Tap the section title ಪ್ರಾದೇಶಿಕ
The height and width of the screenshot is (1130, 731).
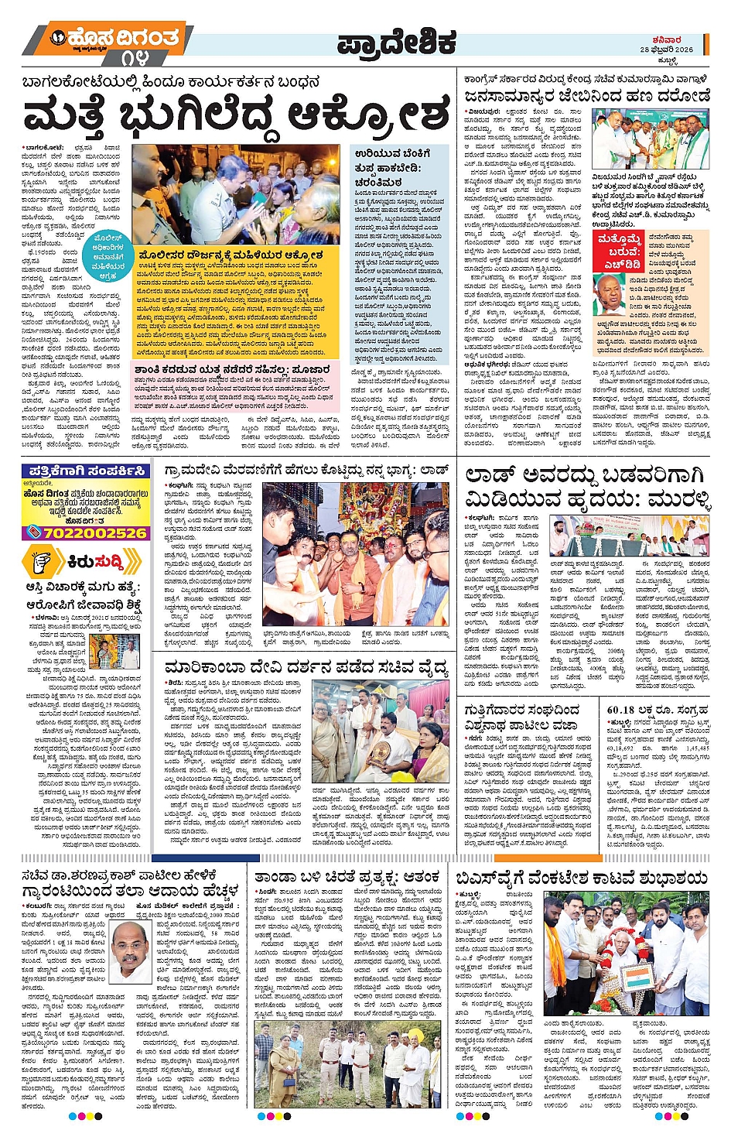click(x=396, y=45)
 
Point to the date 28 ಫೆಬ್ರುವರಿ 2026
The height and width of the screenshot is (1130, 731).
click(x=666, y=50)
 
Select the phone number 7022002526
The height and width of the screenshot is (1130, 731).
click(x=85, y=532)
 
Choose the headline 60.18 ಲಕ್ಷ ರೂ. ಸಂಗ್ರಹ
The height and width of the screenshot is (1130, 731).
click(x=657, y=709)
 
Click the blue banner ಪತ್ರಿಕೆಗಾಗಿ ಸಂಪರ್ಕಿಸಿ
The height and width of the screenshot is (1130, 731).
click(x=86, y=471)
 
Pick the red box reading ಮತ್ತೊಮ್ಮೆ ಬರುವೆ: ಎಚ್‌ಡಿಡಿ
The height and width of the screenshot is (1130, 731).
click(x=618, y=252)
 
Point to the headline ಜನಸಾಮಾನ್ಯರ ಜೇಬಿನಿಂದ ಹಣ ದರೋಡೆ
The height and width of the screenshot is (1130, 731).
click(x=586, y=95)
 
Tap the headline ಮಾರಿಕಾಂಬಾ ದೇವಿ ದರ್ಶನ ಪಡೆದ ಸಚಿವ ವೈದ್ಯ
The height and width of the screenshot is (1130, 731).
click(x=306, y=667)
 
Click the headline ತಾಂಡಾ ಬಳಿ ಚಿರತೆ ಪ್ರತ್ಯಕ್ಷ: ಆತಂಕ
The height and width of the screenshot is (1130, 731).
click(x=347, y=876)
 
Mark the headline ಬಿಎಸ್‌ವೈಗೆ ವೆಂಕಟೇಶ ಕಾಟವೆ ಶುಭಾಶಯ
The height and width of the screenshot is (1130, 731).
click(x=581, y=877)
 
